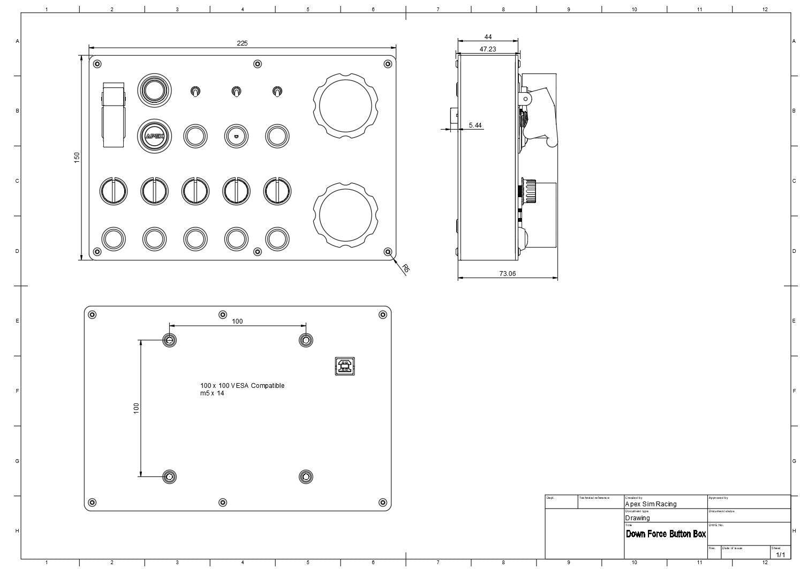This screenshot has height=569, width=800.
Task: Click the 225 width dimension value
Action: (242, 43)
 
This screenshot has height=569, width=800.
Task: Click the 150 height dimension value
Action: (77, 157)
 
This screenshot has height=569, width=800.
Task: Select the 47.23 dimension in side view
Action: (487, 49)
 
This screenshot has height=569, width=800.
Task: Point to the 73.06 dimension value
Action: (507, 273)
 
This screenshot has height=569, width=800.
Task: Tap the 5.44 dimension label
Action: (475, 125)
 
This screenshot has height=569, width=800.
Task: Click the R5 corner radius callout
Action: (405, 268)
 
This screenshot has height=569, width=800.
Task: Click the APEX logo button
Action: (155, 136)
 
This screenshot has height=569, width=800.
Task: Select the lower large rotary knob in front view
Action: (345, 215)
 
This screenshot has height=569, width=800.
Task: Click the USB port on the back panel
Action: (345, 366)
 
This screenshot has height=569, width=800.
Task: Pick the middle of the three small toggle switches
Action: (236, 92)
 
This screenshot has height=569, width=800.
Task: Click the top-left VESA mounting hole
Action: (169, 340)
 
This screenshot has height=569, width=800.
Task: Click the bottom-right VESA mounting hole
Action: (306, 476)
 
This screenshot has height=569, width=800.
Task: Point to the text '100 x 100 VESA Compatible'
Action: (242, 386)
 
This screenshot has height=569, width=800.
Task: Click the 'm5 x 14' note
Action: (212, 393)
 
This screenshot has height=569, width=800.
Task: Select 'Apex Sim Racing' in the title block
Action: (651, 504)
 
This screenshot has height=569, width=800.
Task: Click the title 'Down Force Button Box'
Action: (666, 534)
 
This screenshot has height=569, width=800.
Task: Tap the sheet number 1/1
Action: (780, 555)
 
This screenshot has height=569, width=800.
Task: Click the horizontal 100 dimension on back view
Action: (237, 321)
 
